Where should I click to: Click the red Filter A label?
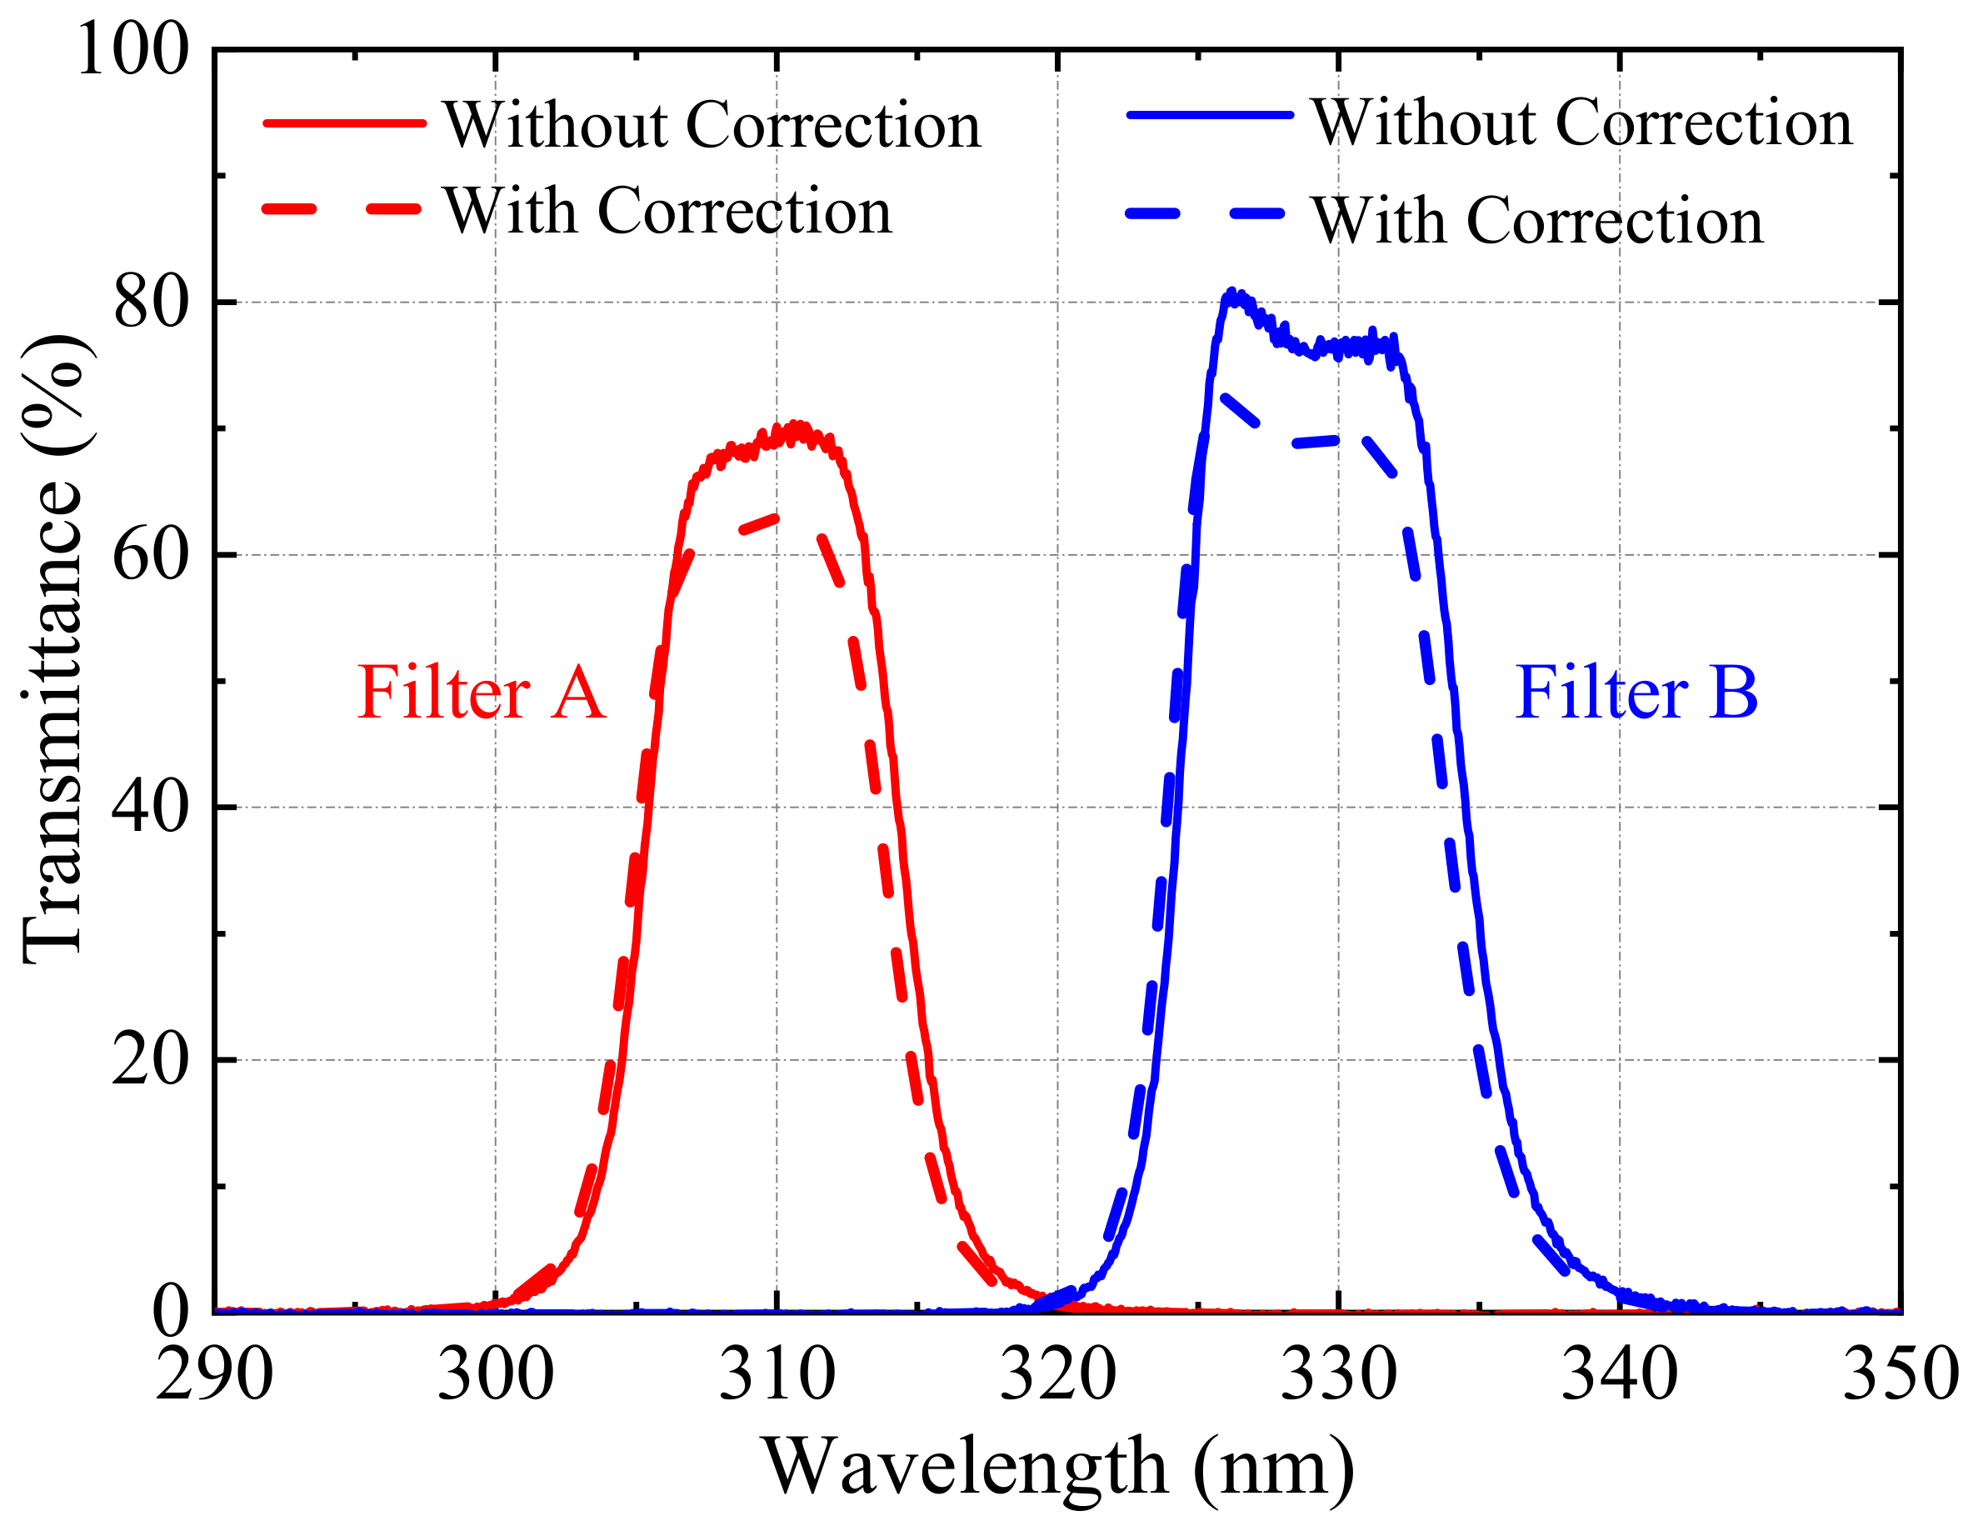click(x=480, y=693)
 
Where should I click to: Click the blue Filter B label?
click(x=1636, y=693)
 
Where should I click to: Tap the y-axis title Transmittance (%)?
click(x=52, y=648)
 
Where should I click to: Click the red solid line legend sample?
click(x=344, y=123)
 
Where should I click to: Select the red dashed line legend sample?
click(x=344, y=209)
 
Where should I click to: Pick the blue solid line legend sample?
click(x=1210, y=115)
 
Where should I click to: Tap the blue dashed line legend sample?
click(x=1210, y=214)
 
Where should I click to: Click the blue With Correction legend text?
click(x=1537, y=221)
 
